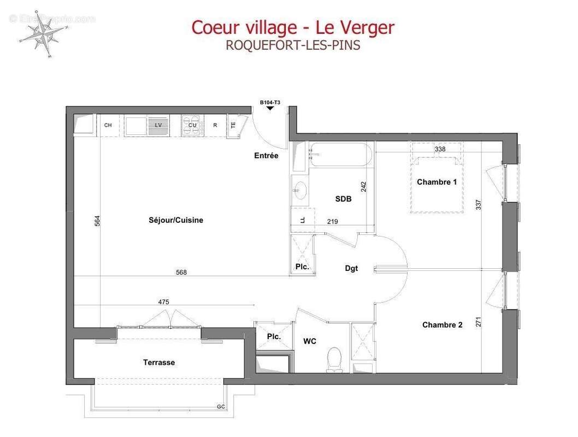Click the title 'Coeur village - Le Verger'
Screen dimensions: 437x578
tap(292, 27)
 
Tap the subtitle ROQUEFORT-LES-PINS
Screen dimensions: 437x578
tap(293, 45)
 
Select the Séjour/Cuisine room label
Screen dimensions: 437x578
tap(176, 220)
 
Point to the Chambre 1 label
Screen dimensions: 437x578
tap(437, 182)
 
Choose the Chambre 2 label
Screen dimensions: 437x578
tap(442, 325)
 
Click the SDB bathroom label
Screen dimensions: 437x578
tap(343, 199)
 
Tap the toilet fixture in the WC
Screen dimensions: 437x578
tap(333, 361)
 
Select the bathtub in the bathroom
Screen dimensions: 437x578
tap(341, 155)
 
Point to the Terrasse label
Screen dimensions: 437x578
tap(159, 363)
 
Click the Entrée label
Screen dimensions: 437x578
tap(266, 156)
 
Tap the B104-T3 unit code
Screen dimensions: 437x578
tap(270, 102)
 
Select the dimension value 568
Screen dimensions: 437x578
tap(181, 272)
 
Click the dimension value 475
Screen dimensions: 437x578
tap(163, 302)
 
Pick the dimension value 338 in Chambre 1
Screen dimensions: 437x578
tap(440, 149)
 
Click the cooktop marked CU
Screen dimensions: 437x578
tap(192, 125)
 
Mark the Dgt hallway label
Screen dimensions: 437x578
tap(351, 268)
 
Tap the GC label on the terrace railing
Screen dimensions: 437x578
tap(221, 406)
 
